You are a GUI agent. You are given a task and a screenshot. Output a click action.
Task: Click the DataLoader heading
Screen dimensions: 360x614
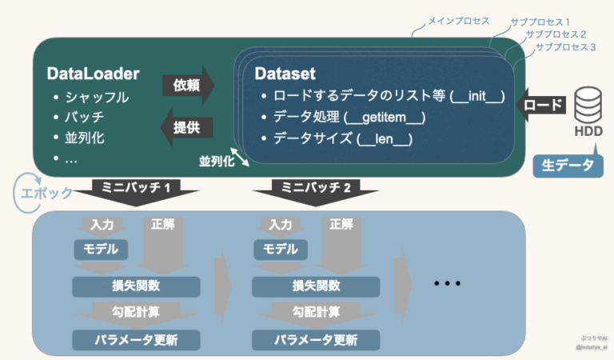(x=94, y=74)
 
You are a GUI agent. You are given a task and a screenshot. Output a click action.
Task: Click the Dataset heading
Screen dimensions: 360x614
(x=285, y=74)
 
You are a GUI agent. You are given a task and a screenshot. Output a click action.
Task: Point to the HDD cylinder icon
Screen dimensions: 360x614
(x=588, y=103)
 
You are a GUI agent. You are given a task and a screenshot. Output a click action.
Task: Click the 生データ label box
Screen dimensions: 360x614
(x=568, y=166)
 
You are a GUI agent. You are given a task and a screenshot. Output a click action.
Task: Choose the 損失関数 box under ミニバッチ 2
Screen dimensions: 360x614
(x=315, y=286)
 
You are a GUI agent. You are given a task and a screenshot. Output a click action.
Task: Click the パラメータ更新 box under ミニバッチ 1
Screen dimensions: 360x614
(x=137, y=339)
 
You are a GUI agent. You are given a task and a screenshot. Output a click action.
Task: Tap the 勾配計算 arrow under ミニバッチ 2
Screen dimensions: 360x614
(x=315, y=312)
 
